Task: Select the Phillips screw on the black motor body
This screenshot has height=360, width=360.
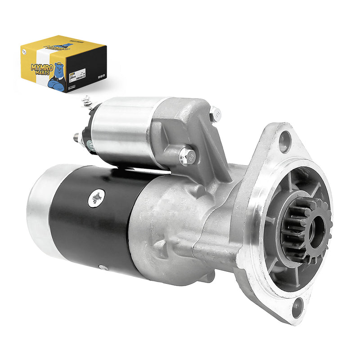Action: point(96,197)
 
